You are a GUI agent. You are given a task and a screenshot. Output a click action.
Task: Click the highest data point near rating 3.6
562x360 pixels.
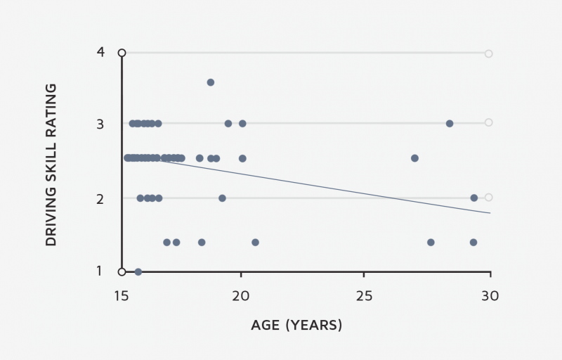[211, 82]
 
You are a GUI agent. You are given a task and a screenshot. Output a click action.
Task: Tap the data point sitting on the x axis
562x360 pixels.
[138, 272]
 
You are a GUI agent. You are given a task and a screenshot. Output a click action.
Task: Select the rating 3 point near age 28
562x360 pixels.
[450, 124]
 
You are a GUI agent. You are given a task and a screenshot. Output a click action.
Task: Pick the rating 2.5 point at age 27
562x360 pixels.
[414, 158]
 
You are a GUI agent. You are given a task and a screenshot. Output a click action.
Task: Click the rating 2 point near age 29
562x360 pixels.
[473, 198]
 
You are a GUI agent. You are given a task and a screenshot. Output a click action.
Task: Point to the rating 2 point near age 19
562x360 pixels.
[222, 198]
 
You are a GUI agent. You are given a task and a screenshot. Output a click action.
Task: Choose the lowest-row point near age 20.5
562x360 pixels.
[255, 243]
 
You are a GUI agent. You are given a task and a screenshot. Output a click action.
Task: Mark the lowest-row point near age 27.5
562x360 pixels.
[431, 243]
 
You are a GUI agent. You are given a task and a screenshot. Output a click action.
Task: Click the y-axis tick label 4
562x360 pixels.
[100, 52]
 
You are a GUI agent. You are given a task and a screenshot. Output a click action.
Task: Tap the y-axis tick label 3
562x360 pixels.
[100, 124]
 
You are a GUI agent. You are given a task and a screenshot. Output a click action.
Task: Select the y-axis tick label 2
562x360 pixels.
[100, 199]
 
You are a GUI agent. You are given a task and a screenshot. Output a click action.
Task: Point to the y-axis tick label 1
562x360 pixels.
[99, 271]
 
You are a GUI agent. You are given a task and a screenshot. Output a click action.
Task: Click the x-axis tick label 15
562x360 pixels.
[121, 296]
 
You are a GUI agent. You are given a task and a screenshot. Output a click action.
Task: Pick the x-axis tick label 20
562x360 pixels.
[240, 296]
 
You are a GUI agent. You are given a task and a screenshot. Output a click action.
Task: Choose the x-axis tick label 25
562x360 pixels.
[364, 296]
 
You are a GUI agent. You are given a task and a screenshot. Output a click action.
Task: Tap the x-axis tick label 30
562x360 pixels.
[490, 296]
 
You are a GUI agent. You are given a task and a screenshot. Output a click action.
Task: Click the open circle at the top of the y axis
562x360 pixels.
[122, 53]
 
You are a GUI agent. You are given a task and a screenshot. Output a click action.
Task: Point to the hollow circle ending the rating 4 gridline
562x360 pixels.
[488, 53]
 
